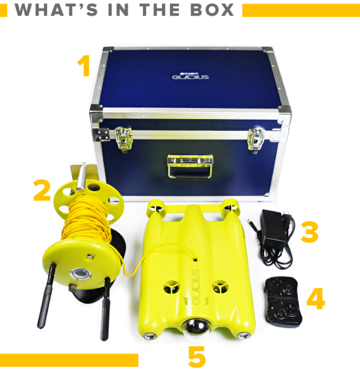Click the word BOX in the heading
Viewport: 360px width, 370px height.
[x=212, y=10]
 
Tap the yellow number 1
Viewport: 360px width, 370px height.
[x=84, y=66]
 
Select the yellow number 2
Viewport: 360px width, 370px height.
[x=42, y=191]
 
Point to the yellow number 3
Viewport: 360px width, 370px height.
[x=309, y=232]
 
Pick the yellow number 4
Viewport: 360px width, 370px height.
[x=316, y=299]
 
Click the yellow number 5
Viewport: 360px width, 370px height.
[x=197, y=357]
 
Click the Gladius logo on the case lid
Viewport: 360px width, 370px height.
[x=190, y=76]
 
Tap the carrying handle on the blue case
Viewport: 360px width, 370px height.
[x=190, y=167]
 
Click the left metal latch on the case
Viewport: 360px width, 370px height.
[x=123, y=138]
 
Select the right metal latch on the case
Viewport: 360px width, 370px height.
[x=256, y=139]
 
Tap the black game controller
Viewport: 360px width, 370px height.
[x=283, y=301]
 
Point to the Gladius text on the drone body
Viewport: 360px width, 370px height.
[x=196, y=287]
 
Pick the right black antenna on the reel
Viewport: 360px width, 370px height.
[x=105, y=309]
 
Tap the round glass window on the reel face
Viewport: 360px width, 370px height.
[x=81, y=274]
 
